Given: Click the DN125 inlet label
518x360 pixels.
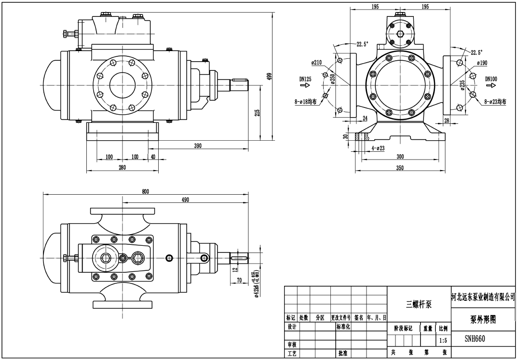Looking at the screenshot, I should [x=304, y=78].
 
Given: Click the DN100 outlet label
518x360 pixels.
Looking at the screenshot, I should [x=491, y=79].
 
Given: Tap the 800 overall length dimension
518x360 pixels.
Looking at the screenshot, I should [x=145, y=191].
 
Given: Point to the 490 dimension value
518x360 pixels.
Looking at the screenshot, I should [x=185, y=200].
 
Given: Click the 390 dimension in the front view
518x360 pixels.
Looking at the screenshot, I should [x=198, y=146].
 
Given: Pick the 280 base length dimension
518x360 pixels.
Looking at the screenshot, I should [x=122, y=167].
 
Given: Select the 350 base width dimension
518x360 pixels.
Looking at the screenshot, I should [x=399, y=167].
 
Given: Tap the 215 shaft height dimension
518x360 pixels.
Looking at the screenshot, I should [x=258, y=113].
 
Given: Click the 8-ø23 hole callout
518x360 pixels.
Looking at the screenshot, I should [x=495, y=102].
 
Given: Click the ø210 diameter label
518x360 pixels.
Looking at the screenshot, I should [x=316, y=62].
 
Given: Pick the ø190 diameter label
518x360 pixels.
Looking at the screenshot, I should [x=482, y=63].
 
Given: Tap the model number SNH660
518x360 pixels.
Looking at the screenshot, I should [x=475, y=338].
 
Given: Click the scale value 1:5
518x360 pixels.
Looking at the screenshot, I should [x=443, y=340].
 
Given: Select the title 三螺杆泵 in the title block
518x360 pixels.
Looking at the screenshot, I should [x=418, y=304].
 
